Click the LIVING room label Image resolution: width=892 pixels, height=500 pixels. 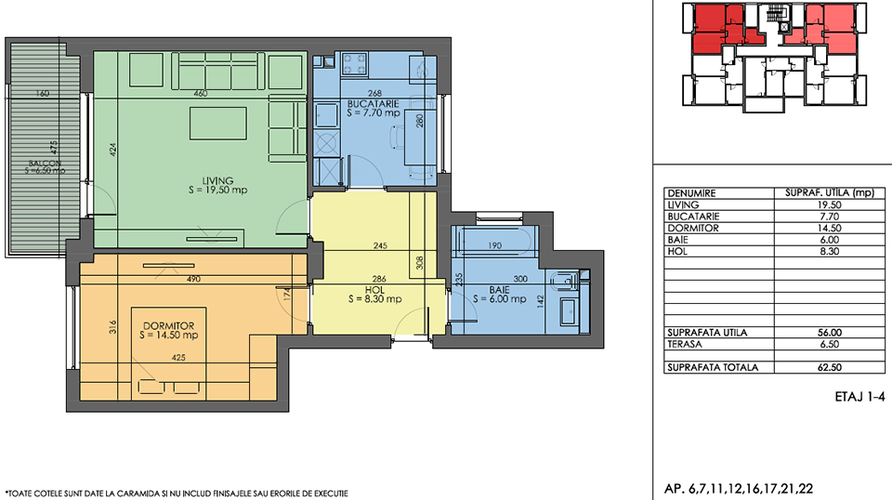[x=217, y=181]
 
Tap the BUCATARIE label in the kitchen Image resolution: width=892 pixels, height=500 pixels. [x=374, y=104]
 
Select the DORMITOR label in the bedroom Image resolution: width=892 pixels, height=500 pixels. [x=168, y=326]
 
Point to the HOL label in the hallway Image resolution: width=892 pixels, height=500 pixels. [x=374, y=290]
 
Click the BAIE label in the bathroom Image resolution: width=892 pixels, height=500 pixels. [x=499, y=290]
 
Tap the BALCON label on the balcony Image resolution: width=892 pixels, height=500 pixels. [x=45, y=164]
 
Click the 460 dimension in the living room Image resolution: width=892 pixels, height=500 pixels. [x=201, y=93]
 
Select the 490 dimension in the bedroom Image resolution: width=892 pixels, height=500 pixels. [x=193, y=280]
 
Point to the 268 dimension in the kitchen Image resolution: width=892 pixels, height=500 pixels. [x=374, y=93]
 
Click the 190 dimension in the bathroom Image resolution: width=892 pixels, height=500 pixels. [x=495, y=245]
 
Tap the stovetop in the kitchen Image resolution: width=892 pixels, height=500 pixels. [x=354, y=64]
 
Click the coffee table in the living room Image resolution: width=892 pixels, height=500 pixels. [x=218, y=124]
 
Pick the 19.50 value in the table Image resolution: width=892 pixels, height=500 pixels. [x=830, y=204]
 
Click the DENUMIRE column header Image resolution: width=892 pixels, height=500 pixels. [x=691, y=193]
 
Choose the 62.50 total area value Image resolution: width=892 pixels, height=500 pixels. [x=830, y=367]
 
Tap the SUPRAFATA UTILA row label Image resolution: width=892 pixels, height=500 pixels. [x=707, y=333]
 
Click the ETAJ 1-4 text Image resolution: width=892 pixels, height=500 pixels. [x=859, y=397]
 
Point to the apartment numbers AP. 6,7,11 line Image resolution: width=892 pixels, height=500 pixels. [x=739, y=489]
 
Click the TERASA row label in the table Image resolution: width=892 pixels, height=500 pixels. [x=685, y=344]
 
